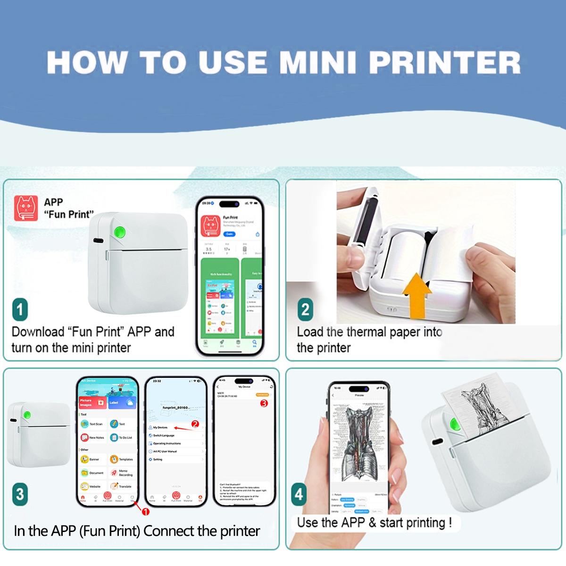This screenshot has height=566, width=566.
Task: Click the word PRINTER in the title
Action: coord(444,62)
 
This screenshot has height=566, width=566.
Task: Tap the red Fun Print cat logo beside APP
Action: coord(26,208)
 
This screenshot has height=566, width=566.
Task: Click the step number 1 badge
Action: coord(20,310)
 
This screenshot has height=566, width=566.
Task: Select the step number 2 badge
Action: coord(305,310)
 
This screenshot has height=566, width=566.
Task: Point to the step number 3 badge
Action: coord(20,494)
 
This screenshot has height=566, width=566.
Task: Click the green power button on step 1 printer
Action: coord(120,232)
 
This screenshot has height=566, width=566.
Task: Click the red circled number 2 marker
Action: coord(195,424)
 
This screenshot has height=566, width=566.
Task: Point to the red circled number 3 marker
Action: coord(264,403)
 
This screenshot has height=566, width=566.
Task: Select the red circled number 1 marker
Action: coord(146,512)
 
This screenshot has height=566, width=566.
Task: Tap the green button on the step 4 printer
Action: coord(456,424)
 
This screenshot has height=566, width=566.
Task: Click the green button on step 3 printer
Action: coord(27,415)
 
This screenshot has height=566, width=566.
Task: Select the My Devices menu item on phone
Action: coord(160,427)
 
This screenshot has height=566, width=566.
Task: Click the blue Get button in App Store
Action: coord(229,234)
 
